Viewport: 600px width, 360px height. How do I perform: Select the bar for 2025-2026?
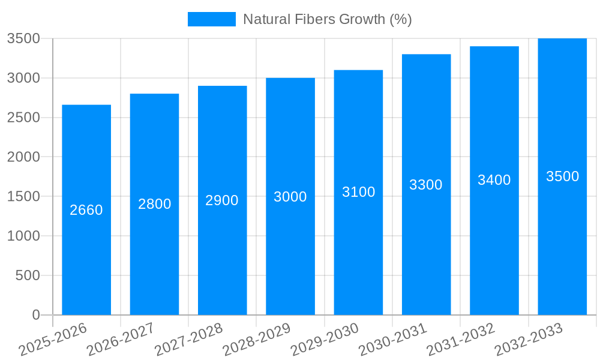click(x=86, y=210)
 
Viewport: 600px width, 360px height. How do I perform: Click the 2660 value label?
click(x=86, y=210)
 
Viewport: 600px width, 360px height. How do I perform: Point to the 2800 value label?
click(x=155, y=204)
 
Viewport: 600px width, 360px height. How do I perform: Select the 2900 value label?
click(x=222, y=200)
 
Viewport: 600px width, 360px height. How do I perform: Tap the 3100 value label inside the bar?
click(x=359, y=192)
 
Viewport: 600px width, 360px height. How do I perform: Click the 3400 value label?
click(x=494, y=180)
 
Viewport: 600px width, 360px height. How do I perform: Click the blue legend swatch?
click(x=212, y=19)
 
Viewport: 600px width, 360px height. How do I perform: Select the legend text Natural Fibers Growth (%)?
click(x=327, y=19)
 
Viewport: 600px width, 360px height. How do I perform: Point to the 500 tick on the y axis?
click(x=28, y=275)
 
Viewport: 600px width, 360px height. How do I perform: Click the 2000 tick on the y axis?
click(x=23, y=157)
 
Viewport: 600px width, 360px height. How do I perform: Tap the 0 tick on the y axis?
click(x=36, y=315)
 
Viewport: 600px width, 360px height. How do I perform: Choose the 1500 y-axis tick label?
click(x=23, y=197)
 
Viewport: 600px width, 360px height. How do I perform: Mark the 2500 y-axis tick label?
click(x=23, y=118)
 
